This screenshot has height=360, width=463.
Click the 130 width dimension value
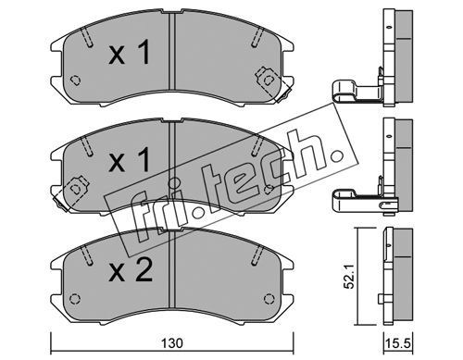click(x=172, y=343)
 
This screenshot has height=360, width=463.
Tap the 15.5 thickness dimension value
click(x=398, y=343)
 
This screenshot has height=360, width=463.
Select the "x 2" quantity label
click(x=131, y=270)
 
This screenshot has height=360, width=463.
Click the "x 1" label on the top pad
click(x=129, y=53)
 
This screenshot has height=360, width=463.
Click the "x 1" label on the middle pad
click(x=129, y=159)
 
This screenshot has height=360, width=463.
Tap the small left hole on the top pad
click(x=75, y=81)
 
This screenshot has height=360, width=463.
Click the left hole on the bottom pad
click(x=75, y=299)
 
